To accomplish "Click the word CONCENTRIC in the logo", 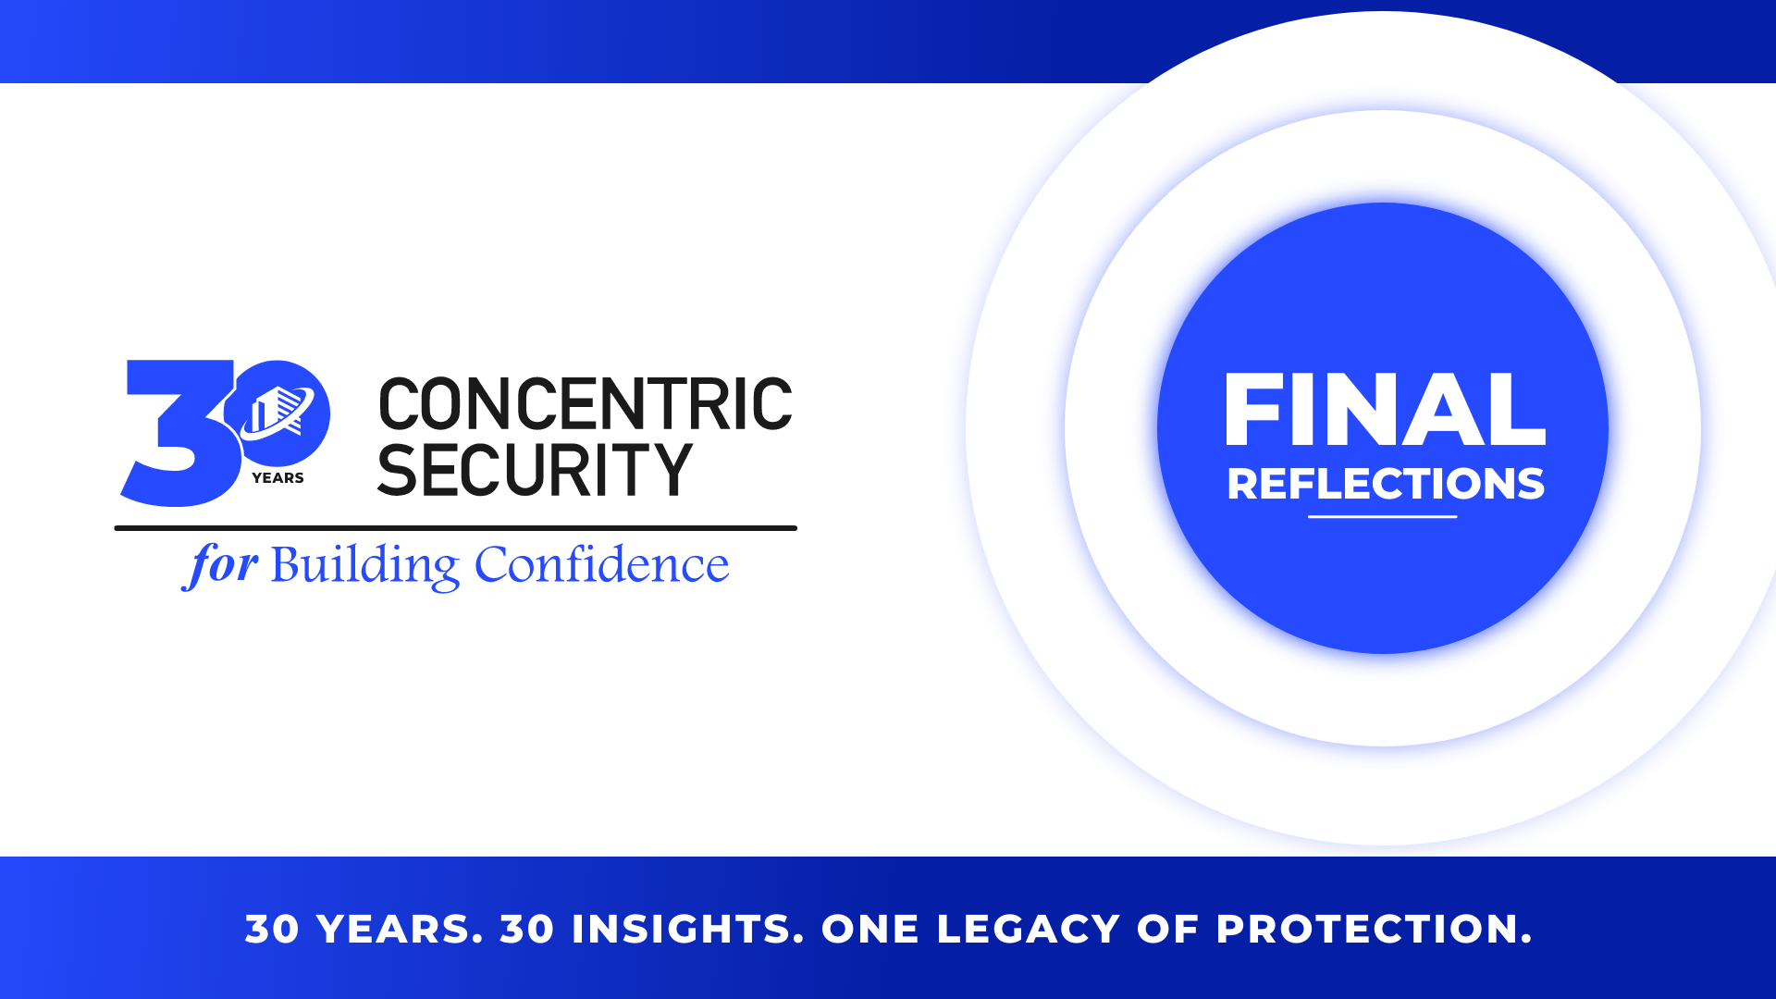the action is click(586, 404).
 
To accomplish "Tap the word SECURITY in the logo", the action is click(535, 469).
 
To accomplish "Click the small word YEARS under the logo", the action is click(277, 478).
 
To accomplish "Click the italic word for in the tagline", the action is click(220, 564).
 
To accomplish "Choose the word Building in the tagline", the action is click(364, 565).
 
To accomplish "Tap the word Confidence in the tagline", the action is click(601, 564).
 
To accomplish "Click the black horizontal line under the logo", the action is click(455, 528).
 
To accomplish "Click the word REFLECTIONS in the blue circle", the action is click(1386, 484).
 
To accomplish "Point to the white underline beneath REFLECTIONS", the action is click(1383, 516).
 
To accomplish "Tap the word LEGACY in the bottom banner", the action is click(1029, 929).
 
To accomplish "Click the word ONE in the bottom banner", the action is click(870, 929).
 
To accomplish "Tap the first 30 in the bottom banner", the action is click(273, 929).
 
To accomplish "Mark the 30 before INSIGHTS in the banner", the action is click(527, 929).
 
